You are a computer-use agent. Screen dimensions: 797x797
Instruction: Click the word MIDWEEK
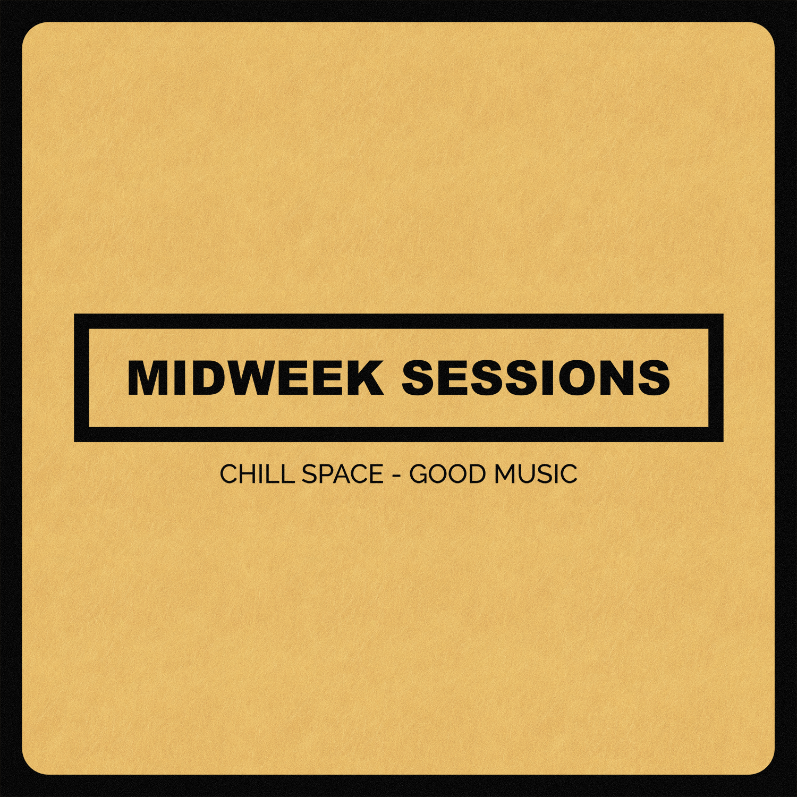pyautogui.click(x=255, y=378)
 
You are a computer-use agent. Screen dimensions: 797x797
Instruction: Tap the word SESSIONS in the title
pyautogui.click(x=536, y=378)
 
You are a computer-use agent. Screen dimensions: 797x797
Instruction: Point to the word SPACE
pyautogui.click(x=342, y=473)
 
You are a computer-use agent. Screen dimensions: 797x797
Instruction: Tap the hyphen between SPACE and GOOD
pyautogui.click(x=396, y=474)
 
